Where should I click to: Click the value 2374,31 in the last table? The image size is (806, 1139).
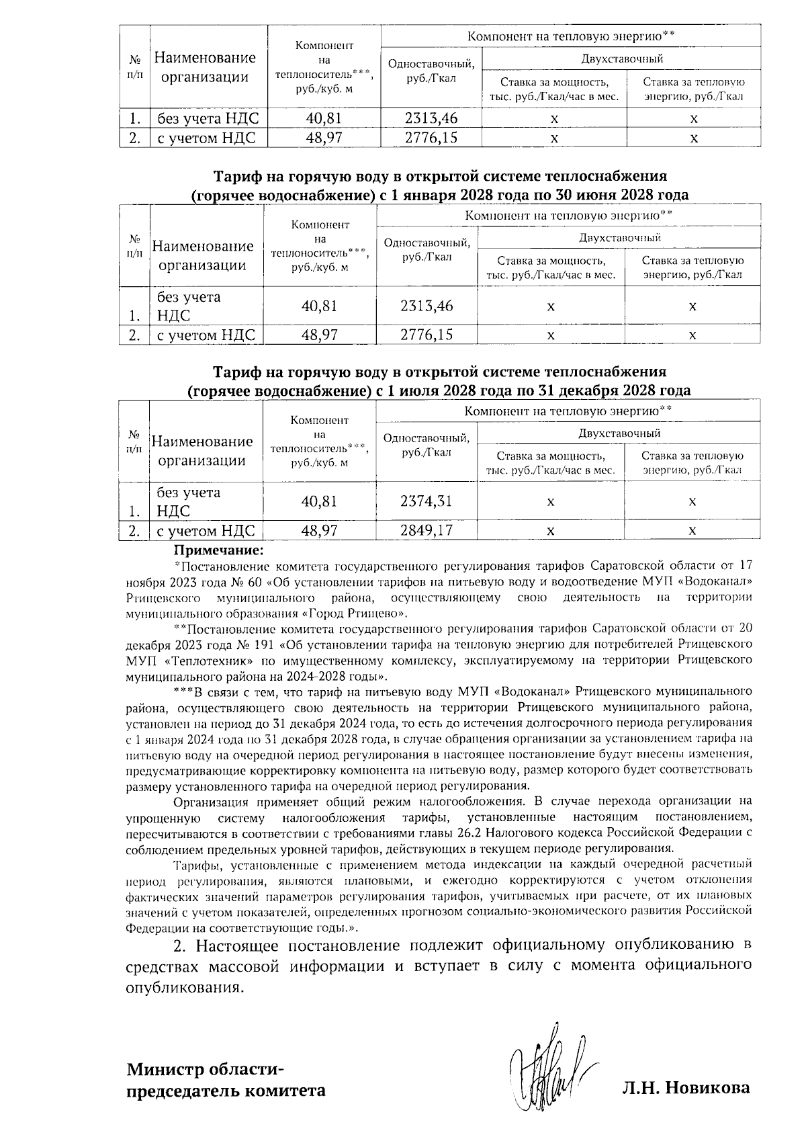tap(426, 501)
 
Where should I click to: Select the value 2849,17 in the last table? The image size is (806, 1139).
tap(426, 530)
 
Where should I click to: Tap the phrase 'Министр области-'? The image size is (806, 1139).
tap(206, 1068)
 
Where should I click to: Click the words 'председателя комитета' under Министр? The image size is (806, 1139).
tap(227, 1090)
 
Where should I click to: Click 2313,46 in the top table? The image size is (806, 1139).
tap(431, 119)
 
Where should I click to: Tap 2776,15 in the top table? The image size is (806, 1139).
tap(431, 138)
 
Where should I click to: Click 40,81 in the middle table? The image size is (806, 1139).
tap(319, 306)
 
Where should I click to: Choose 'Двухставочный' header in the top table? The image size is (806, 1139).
tap(621, 58)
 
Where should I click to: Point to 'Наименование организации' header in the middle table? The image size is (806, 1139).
tap(203, 255)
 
